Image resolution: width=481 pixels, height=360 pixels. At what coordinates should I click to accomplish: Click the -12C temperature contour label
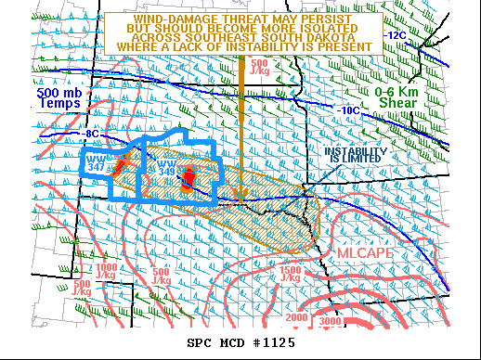pyautogui.click(x=396, y=35)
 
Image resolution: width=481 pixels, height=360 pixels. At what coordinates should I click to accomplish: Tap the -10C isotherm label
pyautogui.click(x=348, y=110)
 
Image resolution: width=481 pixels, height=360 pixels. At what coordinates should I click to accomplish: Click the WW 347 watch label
pyautogui.click(x=96, y=163)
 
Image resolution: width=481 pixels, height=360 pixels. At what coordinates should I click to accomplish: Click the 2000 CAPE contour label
pyautogui.click(x=296, y=318)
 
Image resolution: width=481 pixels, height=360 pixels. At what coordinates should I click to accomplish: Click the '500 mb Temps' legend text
pyautogui.click(x=58, y=100)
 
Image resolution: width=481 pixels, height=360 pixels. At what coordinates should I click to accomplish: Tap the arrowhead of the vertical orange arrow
pyautogui.click(x=240, y=193)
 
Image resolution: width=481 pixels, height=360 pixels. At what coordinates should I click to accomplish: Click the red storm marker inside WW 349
pyautogui.click(x=187, y=177)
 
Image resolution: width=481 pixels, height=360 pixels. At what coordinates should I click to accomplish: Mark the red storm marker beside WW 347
pyautogui.click(x=119, y=165)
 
